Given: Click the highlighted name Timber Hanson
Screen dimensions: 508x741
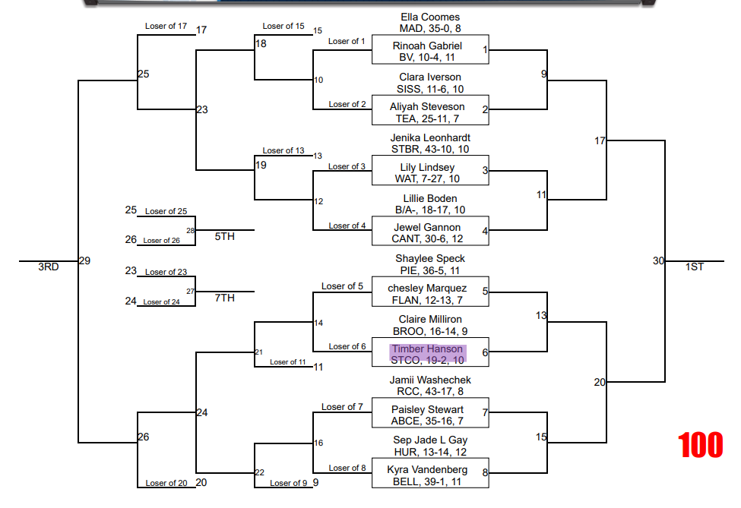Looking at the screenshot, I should [427, 349].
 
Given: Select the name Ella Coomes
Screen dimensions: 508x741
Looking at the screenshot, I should [430, 17].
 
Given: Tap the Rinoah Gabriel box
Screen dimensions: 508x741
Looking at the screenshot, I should [429, 50].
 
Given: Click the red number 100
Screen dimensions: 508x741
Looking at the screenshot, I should [701, 445].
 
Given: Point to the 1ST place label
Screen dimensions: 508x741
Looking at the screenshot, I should [695, 267].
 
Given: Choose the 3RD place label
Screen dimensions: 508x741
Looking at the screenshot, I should [49, 267].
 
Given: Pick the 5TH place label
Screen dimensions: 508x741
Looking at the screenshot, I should [225, 236].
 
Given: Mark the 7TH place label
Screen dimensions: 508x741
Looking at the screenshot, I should [225, 298].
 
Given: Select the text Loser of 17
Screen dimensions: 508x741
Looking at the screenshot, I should [166, 27].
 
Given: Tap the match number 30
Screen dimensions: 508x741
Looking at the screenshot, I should [658, 261].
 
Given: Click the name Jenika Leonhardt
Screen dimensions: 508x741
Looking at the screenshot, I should [430, 137].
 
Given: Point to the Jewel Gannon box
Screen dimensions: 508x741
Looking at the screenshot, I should [429, 232].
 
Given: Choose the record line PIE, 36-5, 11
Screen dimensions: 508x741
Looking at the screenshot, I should [430, 270].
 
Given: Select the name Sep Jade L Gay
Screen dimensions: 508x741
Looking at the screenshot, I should [430, 440].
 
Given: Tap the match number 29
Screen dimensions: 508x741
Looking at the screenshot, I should [84, 261].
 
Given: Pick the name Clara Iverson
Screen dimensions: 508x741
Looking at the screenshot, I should [430, 77].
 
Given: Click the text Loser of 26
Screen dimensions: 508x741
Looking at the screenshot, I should [162, 241].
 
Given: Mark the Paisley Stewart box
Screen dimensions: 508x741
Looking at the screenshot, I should [429, 414].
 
